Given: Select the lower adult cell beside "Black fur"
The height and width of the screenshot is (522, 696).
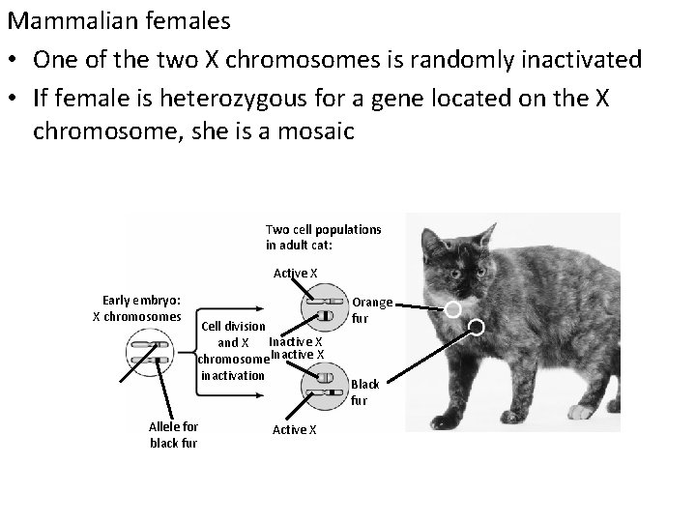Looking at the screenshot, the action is [x=326, y=391].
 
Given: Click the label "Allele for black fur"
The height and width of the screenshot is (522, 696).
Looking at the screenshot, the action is [x=173, y=434].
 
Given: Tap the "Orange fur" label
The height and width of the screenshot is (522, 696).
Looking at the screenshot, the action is [x=371, y=309].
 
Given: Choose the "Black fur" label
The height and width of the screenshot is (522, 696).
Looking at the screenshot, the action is [x=364, y=391].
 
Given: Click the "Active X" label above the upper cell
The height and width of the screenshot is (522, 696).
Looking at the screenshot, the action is [x=295, y=274].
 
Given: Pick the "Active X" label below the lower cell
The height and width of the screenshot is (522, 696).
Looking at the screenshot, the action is [x=295, y=429].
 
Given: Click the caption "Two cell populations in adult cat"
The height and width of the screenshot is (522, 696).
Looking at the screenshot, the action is [x=323, y=236].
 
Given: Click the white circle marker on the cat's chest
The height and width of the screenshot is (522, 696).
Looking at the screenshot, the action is [x=451, y=309].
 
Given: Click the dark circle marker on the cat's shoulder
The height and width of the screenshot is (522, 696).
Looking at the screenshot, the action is [x=476, y=328].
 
